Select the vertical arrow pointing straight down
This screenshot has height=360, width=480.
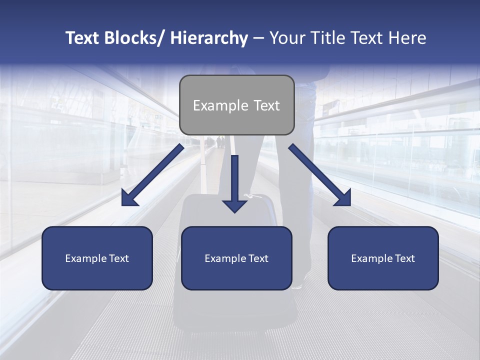click(234, 182)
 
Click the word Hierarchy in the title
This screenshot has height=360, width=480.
click(209, 38)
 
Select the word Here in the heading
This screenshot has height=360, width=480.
click(409, 38)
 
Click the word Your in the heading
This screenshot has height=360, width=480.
click(286, 38)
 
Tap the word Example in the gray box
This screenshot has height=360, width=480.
click(220, 105)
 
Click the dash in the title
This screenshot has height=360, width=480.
click(258, 38)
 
